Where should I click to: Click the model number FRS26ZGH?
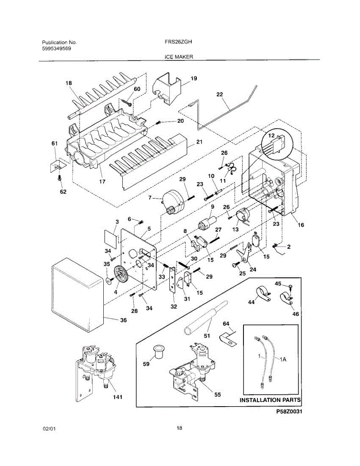point(178,42)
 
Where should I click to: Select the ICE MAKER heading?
point(179,57)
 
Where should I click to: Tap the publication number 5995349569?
point(56,49)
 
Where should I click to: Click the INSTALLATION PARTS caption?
point(270,400)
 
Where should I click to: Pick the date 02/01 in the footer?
point(49,429)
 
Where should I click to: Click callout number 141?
point(118,397)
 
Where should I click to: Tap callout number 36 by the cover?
point(123,320)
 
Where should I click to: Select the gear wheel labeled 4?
point(121,275)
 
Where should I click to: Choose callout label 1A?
point(283,360)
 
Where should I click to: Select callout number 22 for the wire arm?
point(220,94)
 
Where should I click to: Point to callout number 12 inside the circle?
point(271,136)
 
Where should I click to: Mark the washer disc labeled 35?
point(110,281)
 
